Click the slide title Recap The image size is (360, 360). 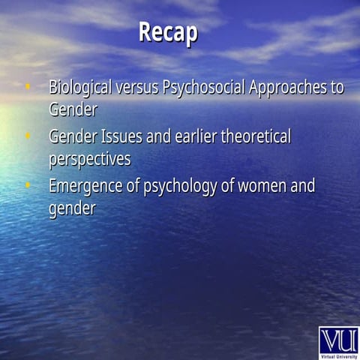tap(168, 33)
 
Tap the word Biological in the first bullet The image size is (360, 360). tap(80, 87)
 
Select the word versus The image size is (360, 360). tap(136, 87)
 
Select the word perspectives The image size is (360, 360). tap(89, 160)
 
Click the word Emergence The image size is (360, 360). tap(85, 186)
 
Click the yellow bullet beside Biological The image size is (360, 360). tap(28, 87)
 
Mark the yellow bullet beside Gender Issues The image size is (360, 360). tap(28, 137)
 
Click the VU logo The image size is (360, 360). tap(338, 340)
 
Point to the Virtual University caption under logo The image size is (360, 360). tap(338, 355)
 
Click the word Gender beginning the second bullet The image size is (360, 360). tap(73, 137)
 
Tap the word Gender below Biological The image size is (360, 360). tap(73, 109)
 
